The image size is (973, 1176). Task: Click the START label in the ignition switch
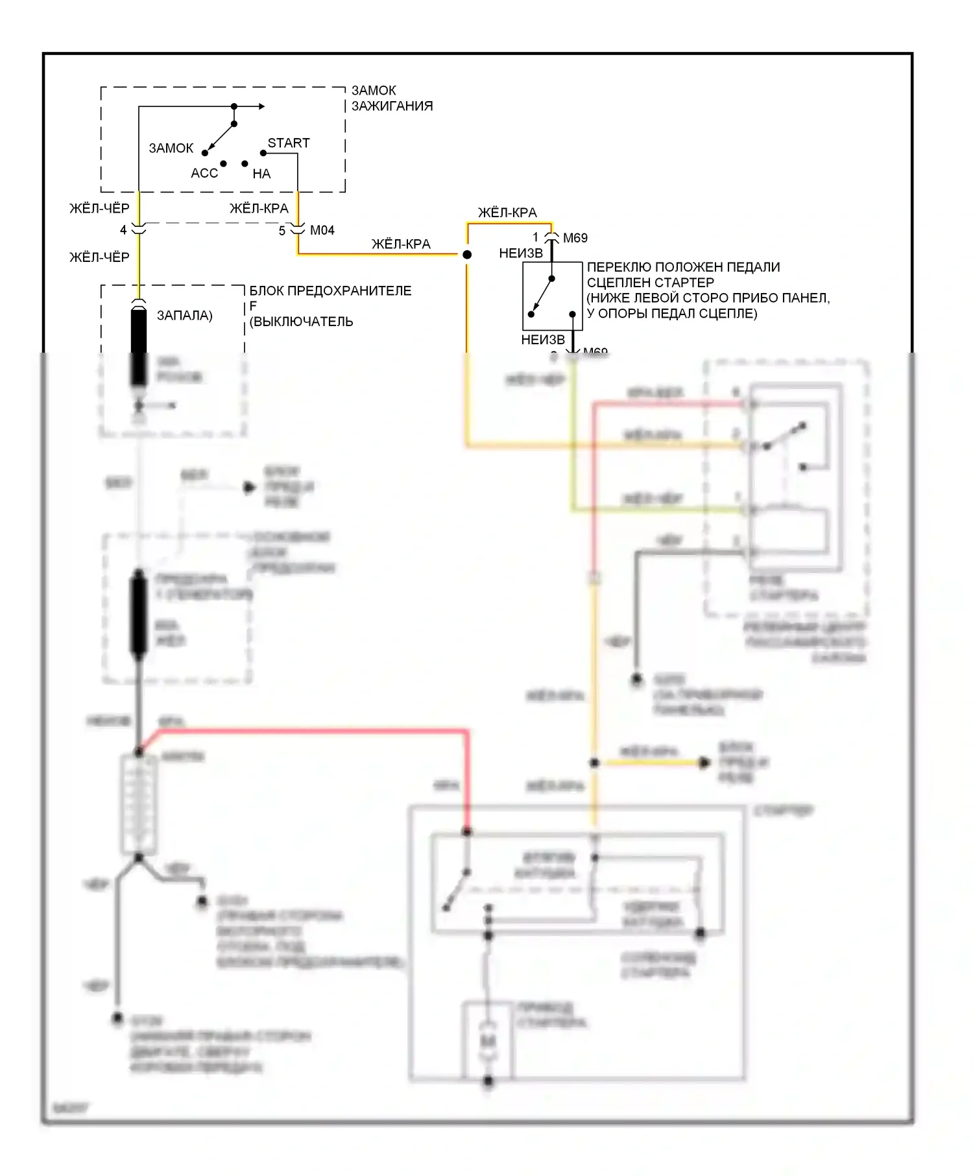289,143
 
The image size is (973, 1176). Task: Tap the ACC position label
204,173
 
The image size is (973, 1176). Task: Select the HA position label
261,174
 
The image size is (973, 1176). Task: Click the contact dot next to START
263,153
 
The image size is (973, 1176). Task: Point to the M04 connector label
322,230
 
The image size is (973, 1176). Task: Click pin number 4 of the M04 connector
123,230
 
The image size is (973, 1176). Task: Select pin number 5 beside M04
282,231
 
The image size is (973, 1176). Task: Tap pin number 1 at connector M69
536,237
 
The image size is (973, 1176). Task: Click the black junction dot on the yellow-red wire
466,255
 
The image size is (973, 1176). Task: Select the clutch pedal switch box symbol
552,296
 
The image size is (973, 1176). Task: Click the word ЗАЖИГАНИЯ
392,106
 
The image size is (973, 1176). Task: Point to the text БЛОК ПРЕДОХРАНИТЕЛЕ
330,290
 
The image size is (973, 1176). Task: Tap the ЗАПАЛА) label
184,316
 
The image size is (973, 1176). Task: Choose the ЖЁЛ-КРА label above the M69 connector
507,213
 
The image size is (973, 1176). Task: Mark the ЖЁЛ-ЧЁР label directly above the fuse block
99,257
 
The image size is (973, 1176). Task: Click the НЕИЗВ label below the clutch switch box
543,340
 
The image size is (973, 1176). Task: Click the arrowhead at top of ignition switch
261,106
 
